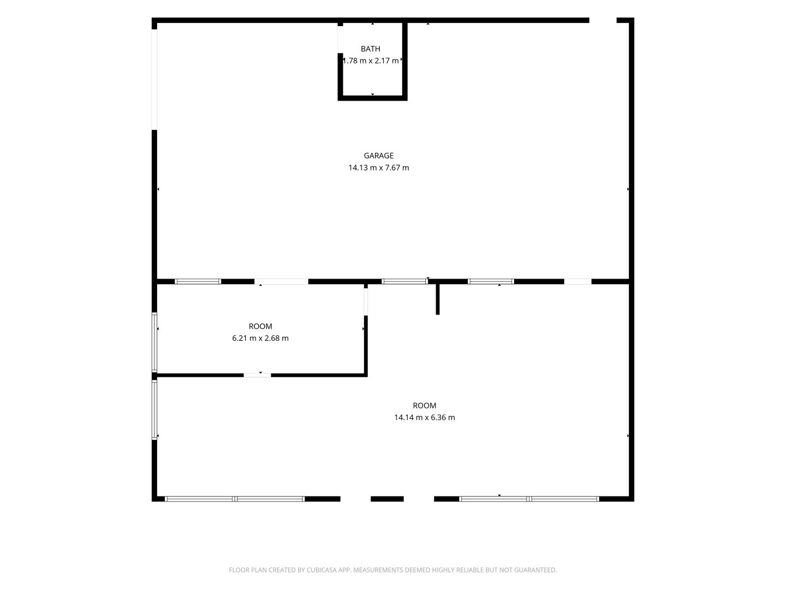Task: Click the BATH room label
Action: click(370, 49)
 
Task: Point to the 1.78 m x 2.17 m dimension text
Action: click(371, 61)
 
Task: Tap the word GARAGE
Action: click(378, 156)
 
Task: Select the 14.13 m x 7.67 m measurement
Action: click(378, 167)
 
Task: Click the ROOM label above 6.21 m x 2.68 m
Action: click(260, 326)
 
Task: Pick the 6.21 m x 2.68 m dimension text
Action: click(260, 338)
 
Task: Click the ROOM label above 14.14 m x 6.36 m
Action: click(424, 405)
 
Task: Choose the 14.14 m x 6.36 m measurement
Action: click(424, 417)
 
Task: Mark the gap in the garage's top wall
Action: click(603, 20)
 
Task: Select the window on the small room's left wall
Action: click(154, 342)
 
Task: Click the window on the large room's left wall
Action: click(154, 410)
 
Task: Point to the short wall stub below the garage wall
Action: click(438, 299)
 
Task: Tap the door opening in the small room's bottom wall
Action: click(258, 375)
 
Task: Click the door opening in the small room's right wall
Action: click(366, 302)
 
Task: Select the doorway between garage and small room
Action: click(282, 281)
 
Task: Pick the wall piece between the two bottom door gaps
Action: click(387, 499)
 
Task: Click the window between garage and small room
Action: click(198, 281)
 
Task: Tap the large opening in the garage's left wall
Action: click(154, 79)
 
